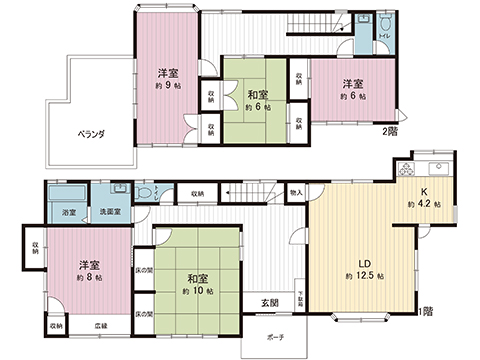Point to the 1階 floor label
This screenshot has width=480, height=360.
click(x=425, y=310)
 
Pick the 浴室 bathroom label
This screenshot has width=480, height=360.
click(x=68, y=213)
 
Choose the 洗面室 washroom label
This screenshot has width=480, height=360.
click(x=109, y=213)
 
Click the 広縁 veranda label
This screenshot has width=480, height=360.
click(x=101, y=326)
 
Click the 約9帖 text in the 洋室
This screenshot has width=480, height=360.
click(x=167, y=86)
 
